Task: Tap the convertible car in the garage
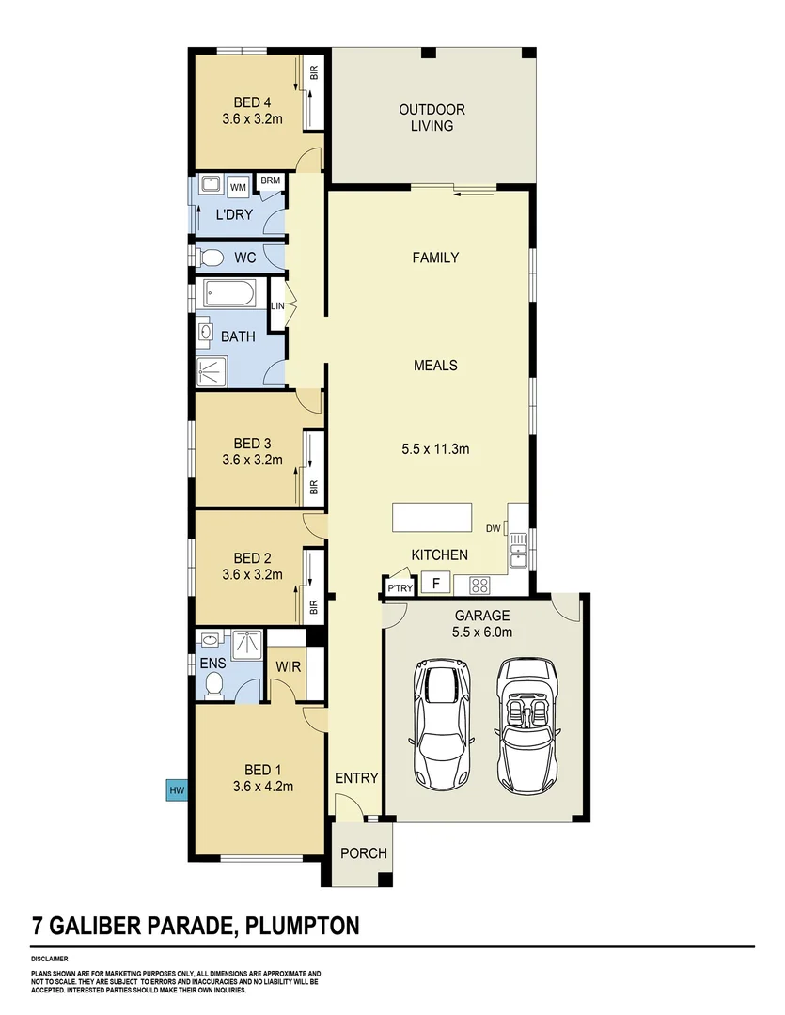[527, 724]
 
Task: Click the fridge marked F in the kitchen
[435, 584]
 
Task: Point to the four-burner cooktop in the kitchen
[479, 585]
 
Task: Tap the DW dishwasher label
[494, 529]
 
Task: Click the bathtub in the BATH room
[228, 295]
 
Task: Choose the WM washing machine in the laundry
[238, 188]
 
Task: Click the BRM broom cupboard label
[271, 180]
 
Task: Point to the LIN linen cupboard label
[277, 306]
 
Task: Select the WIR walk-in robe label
[288, 666]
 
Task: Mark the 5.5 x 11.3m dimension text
[435, 449]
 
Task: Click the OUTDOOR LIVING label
[432, 117]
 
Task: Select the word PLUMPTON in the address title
[302, 926]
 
